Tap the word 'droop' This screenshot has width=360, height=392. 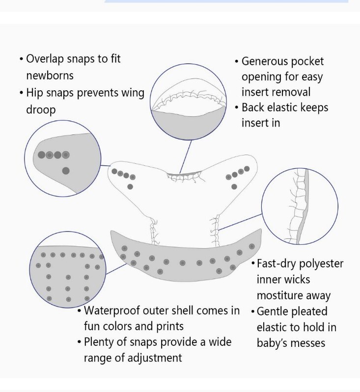tap(41, 109)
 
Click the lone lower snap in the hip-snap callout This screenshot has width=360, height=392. tap(66, 171)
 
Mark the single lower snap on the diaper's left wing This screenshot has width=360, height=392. tap(130, 186)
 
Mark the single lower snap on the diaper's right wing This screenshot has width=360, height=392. tap(234, 186)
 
